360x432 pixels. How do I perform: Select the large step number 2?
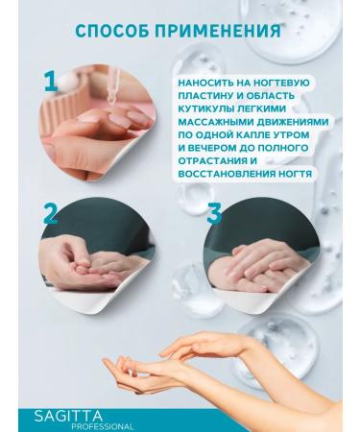[51, 214]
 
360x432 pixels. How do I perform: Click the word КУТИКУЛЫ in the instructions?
[206, 109]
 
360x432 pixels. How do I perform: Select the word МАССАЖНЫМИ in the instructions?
[218, 123]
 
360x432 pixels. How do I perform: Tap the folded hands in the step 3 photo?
[259, 254]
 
